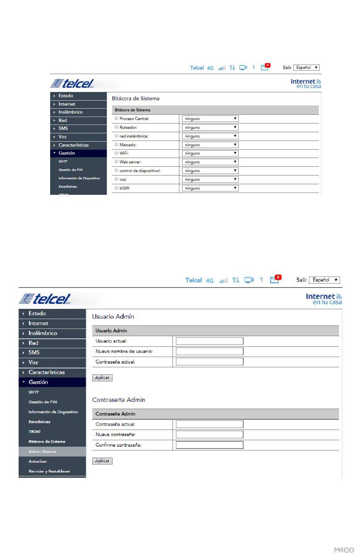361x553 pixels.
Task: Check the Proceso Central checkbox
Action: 116,118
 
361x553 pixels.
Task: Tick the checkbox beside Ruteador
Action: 116,127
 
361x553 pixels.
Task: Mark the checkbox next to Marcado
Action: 116,145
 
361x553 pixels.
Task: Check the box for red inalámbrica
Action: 116,136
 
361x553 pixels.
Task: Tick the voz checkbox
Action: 116,179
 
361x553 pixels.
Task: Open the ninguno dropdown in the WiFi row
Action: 210,153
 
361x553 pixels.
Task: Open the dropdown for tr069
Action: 210,188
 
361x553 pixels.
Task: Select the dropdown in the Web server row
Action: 210,162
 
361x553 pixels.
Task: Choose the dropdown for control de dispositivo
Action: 210,171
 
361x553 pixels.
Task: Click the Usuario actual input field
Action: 209,341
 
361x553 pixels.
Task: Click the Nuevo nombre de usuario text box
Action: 209,351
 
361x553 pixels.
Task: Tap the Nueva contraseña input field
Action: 209,434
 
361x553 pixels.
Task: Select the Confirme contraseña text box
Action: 209,445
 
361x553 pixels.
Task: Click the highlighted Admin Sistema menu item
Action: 43,452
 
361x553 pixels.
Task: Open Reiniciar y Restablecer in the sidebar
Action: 49,471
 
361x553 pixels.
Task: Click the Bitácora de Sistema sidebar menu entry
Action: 47,442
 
